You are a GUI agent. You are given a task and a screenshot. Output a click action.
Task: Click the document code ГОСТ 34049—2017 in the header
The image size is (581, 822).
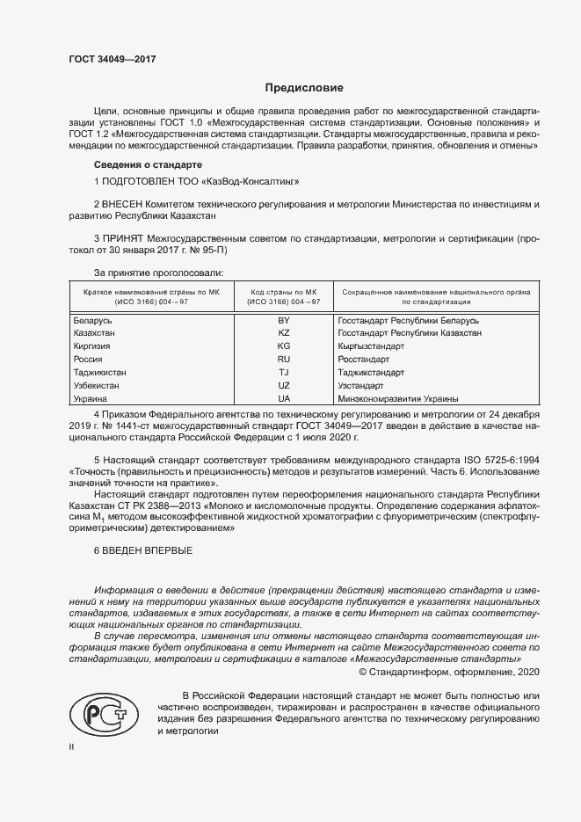coord(112,58)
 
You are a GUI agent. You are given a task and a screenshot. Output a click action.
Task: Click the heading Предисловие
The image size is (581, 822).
coord(304,88)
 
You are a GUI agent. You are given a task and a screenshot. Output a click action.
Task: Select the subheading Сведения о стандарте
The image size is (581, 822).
coord(148,165)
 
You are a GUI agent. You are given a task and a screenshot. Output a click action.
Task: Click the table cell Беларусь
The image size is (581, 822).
coord(94,321)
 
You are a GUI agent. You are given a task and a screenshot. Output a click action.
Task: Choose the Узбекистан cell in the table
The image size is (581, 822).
coord(98,386)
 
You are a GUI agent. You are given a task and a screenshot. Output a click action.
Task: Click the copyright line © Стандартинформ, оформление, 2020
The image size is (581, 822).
coord(449,673)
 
